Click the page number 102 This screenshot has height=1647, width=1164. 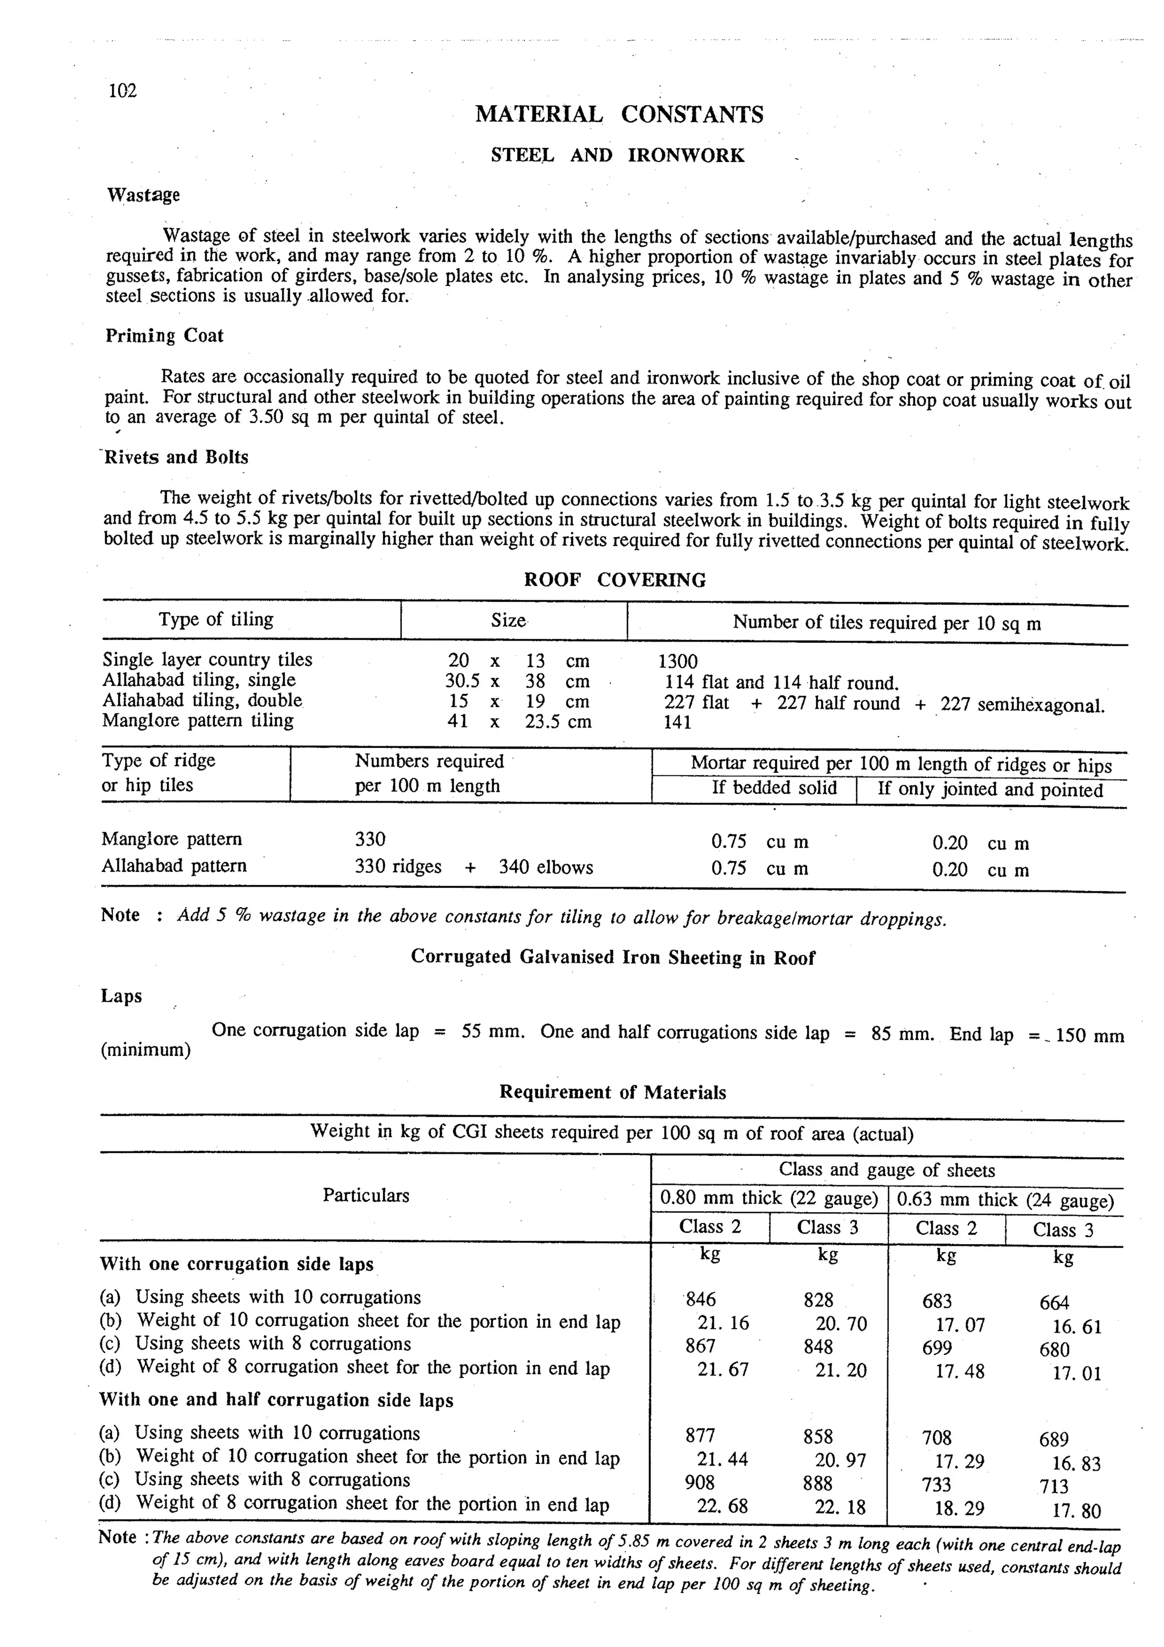[122, 90]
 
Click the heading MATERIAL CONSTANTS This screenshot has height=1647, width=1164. [619, 115]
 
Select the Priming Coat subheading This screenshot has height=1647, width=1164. [164, 336]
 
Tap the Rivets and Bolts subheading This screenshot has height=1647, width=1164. [176, 457]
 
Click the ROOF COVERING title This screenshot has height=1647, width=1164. [614, 580]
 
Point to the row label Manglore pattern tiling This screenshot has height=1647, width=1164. [198, 720]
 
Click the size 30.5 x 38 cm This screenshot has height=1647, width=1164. [517, 681]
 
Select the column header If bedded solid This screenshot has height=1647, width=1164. [774, 788]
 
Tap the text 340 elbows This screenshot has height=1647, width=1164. [546, 867]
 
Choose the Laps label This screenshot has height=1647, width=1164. [121, 996]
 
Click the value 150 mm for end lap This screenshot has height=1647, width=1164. [1089, 1036]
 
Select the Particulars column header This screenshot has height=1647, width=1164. [366, 1195]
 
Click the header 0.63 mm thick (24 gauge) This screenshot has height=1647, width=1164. [1005, 1200]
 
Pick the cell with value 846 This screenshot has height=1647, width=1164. [701, 1299]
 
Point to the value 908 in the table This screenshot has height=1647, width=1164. [700, 1482]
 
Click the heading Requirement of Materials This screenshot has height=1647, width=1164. [613, 1092]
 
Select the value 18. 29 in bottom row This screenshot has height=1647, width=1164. [959, 1508]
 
